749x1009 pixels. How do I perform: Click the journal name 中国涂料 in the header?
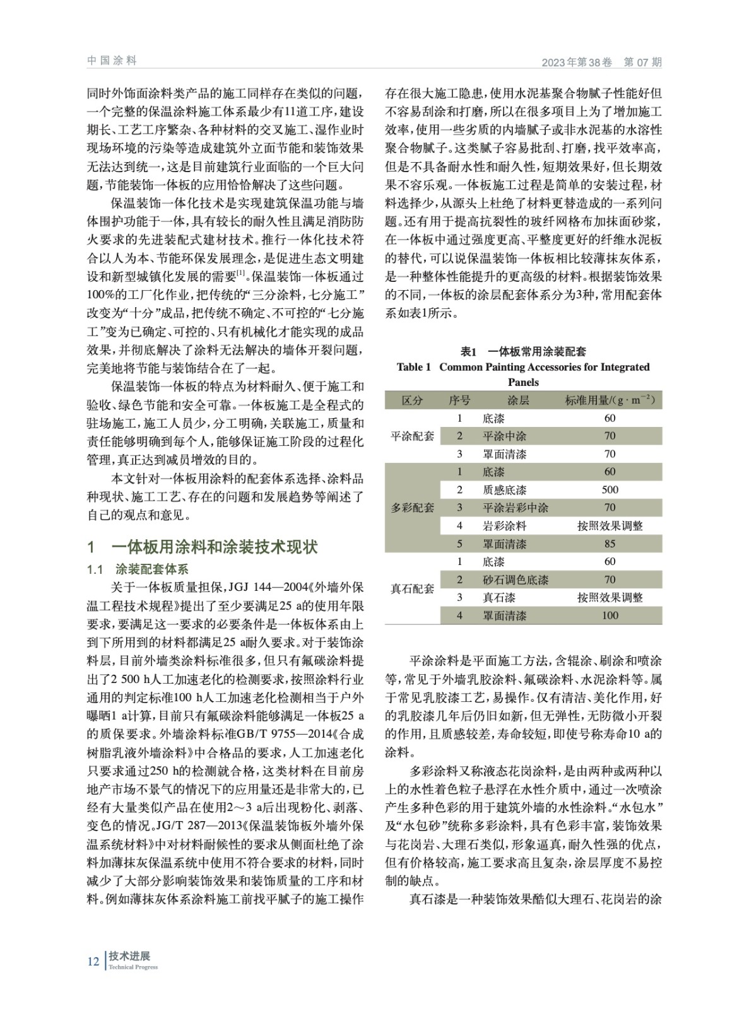click(112, 61)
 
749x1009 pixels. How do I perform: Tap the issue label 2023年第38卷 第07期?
click(601, 62)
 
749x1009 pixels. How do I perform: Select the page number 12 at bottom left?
click(93, 962)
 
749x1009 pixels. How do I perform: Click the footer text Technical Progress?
click(133, 967)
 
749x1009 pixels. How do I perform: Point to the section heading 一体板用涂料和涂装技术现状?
click(215, 547)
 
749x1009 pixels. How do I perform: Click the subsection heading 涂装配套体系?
click(152, 569)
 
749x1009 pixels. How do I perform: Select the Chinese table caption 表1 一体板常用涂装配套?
click(523, 351)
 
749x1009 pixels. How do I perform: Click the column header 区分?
click(412, 400)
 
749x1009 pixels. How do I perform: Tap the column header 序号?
click(459, 400)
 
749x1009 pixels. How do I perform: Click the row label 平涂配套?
click(412, 436)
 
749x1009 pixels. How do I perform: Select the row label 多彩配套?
click(412, 508)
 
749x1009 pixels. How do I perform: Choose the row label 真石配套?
click(412, 588)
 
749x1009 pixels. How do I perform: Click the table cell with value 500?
click(610, 490)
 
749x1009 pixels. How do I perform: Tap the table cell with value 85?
click(610, 544)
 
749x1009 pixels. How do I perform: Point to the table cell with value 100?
click(610, 615)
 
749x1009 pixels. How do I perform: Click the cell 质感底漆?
click(504, 490)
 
